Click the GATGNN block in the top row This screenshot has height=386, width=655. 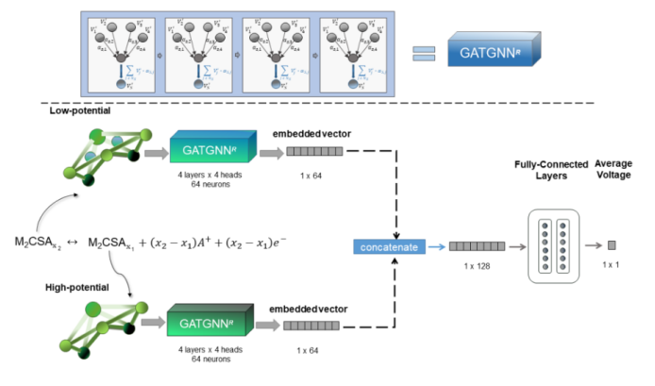coord(496,49)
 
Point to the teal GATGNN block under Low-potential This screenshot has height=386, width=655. coord(210,148)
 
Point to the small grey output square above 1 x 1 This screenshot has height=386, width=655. coord(611,245)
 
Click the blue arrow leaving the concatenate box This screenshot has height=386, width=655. coord(436,246)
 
